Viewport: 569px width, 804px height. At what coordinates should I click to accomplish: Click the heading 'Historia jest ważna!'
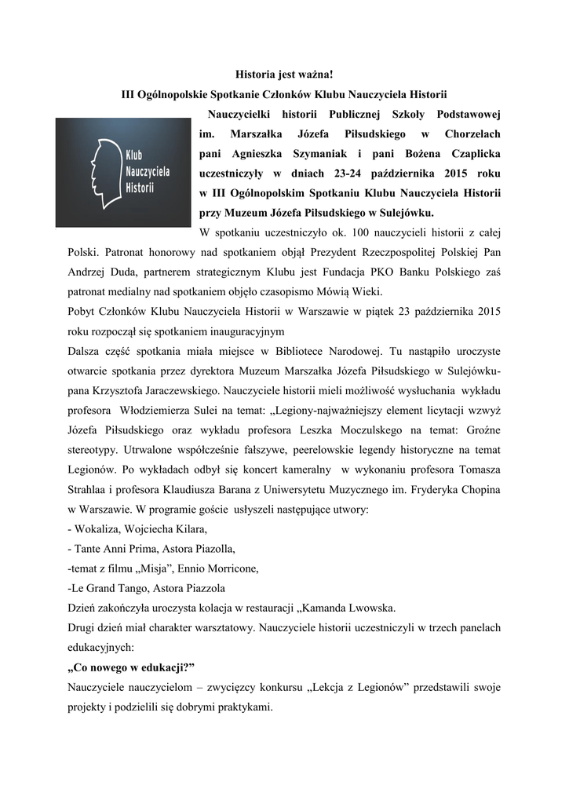pyautogui.click(x=285, y=75)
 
